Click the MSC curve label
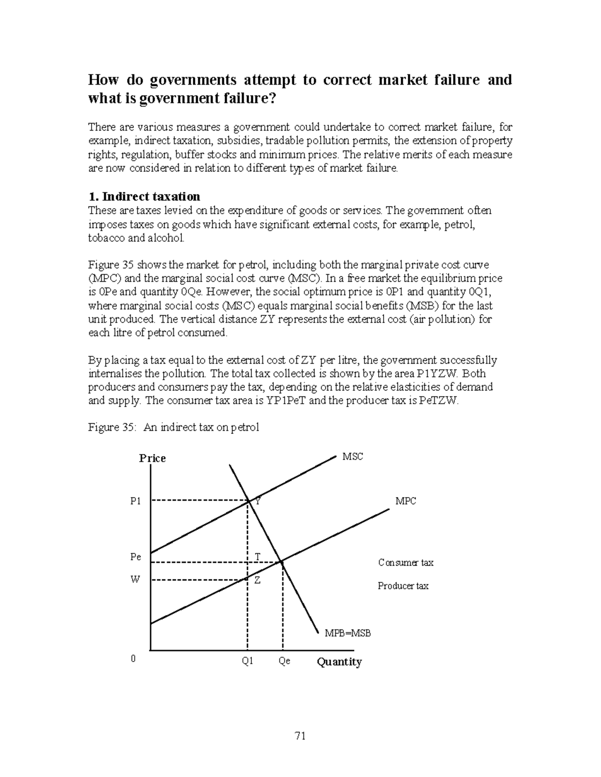pyautogui.click(x=352, y=456)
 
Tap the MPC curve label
pyautogui.click(x=406, y=501)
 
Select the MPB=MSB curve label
pyautogui.click(x=348, y=633)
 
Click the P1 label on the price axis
pyautogui.click(x=135, y=501)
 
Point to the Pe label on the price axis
pyautogui.click(x=135, y=557)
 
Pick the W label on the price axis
pyautogui.click(x=135, y=579)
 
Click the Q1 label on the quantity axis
pyautogui.click(x=247, y=661)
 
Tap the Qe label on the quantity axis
pyautogui.click(x=284, y=661)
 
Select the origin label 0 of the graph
pyautogui.click(x=133, y=659)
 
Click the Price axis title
pyautogui.click(x=152, y=458)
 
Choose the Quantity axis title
pyautogui.click(x=339, y=662)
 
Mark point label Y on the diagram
pyautogui.click(x=257, y=501)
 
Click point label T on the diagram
pyautogui.click(x=257, y=557)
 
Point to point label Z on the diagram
pyautogui.click(x=257, y=580)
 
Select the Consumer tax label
pyautogui.click(x=406, y=563)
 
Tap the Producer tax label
pyautogui.click(x=403, y=586)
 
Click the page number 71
pyautogui.click(x=300, y=735)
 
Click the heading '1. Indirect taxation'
pyautogui.click(x=144, y=196)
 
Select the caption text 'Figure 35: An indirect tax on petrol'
pyautogui.click(x=173, y=427)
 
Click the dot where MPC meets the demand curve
pyautogui.click(x=282, y=563)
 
